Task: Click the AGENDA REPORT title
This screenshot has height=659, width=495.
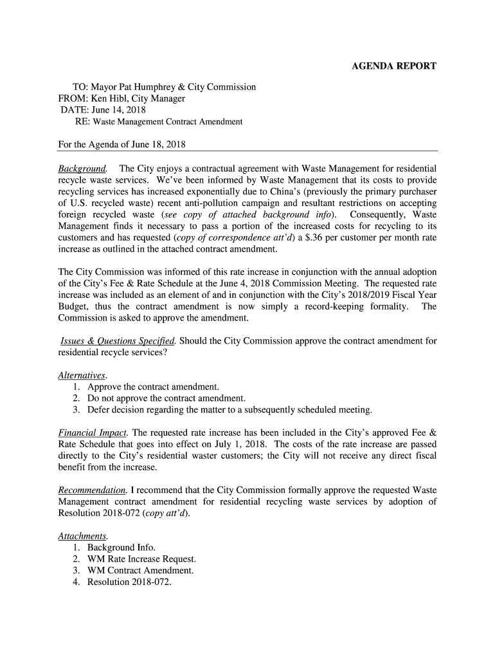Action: tap(393, 66)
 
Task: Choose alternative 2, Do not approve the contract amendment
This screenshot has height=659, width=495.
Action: tap(166, 398)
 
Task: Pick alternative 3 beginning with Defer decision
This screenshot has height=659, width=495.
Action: tap(230, 410)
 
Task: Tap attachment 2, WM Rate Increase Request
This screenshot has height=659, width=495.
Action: tap(141, 559)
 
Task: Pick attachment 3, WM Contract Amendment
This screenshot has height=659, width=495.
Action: tap(140, 571)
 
